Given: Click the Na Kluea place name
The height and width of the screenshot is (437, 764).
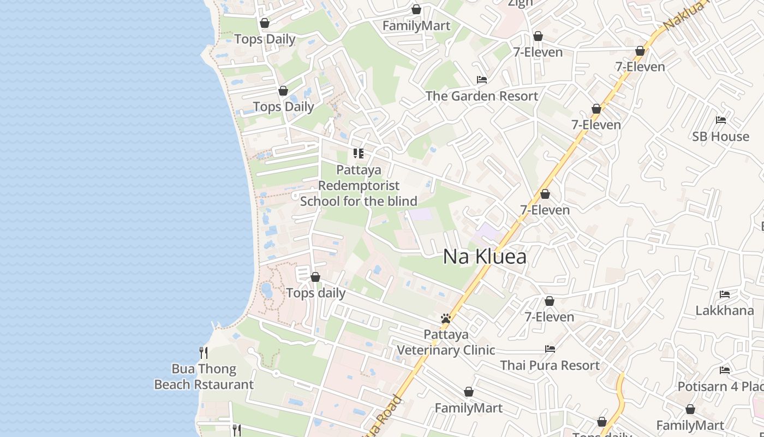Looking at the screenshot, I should [x=485, y=256].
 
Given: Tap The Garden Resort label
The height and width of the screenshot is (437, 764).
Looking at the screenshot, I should [x=481, y=96].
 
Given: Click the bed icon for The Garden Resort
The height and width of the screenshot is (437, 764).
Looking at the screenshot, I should [x=481, y=80].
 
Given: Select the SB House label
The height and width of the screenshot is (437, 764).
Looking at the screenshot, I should [x=720, y=137].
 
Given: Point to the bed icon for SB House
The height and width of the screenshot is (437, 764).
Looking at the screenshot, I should [x=721, y=120].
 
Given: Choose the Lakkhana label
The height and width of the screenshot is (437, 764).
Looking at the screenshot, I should [x=724, y=311].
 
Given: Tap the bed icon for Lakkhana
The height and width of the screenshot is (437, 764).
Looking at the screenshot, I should [x=725, y=294].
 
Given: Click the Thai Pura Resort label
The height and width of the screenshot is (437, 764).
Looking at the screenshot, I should [x=550, y=365].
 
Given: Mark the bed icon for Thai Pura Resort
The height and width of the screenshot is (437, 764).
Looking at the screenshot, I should [x=550, y=349].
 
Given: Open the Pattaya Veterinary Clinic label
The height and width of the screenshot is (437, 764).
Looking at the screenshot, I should [x=446, y=342].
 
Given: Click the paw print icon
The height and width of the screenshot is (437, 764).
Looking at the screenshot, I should [x=446, y=318].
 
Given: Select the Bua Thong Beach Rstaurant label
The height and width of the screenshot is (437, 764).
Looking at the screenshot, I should [x=204, y=377].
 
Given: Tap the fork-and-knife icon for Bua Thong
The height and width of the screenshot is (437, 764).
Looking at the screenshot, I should [x=204, y=353].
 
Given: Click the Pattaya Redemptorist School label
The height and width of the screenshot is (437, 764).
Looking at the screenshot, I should [x=359, y=186].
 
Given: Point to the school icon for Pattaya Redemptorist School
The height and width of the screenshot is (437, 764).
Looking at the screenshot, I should [x=359, y=153].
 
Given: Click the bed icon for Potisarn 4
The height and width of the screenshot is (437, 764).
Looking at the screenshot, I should [x=725, y=370].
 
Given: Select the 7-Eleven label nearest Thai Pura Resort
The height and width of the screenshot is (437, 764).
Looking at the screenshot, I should [x=549, y=317].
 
